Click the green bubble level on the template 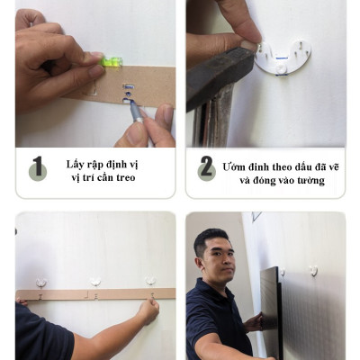[x=113, y=62]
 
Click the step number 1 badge [x=38, y=167]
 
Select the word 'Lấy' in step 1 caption [x=76, y=164]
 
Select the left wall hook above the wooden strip [x=41, y=283]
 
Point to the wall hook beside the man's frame [x=313, y=270]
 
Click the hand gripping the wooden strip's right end [x=148, y=310]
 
